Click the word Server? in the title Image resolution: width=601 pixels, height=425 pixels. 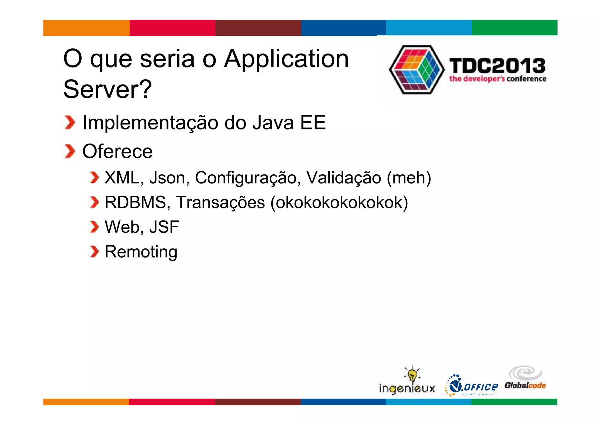click(107, 90)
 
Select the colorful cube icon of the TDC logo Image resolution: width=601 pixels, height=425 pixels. click(417, 70)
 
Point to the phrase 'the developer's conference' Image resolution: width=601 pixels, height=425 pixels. click(498, 79)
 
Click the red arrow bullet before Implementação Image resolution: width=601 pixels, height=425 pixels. click(70, 122)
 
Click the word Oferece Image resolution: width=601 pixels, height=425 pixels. click(117, 151)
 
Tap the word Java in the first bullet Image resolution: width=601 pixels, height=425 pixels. click(273, 122)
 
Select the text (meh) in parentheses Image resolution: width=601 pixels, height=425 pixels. click(409, 178)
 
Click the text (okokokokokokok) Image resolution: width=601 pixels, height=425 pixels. click(339, 203)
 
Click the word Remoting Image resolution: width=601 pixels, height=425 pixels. click(141, 252)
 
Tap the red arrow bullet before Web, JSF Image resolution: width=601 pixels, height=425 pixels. click(94, 227)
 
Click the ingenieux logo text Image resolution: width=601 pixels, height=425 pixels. click(407, 389)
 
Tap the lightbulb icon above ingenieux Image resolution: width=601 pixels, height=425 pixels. click(412, 374)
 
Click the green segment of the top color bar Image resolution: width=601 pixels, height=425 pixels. click(514, 28)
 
